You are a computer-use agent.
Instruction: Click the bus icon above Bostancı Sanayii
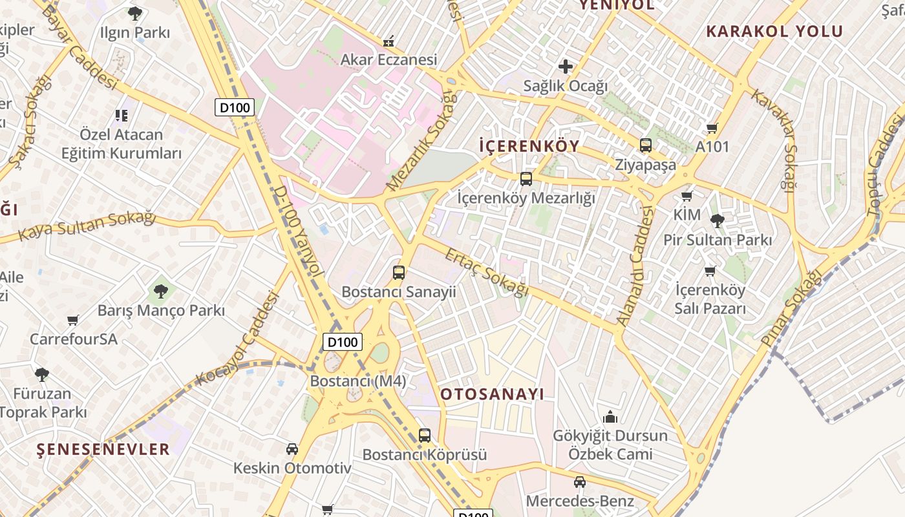(399, 273)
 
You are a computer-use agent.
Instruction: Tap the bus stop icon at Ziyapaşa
(645, 145)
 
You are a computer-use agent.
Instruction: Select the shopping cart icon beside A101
(712, 128)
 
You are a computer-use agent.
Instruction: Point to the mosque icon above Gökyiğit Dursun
(610, 417)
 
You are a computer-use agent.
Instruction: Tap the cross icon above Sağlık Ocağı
(566, 66)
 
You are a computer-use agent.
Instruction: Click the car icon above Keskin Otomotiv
(292, 449)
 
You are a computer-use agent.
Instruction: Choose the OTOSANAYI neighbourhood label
(493, 394)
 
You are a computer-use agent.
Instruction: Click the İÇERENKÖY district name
(529, 146)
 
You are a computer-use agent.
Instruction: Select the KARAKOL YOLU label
(774, 31)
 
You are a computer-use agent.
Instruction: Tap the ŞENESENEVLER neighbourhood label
(103, 449)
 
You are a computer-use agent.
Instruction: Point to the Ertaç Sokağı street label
(486, 272)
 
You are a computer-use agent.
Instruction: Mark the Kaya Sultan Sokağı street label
(87, 225)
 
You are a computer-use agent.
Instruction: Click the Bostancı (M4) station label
(358, 381)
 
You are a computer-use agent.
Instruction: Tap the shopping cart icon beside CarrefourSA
(73, 320)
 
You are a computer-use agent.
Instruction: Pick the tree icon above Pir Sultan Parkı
(717, 221)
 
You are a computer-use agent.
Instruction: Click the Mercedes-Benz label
(580, 501)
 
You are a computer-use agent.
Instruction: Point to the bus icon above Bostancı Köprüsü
(424, 436)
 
